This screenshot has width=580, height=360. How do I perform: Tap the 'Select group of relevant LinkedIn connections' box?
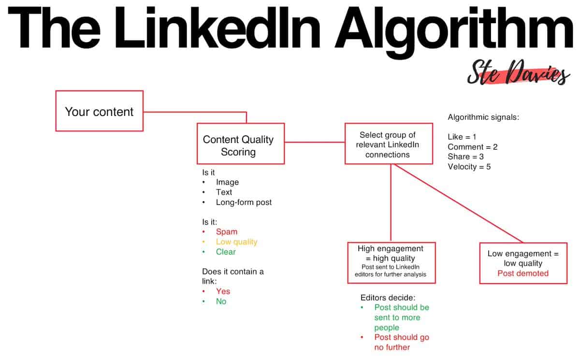pos(388,144)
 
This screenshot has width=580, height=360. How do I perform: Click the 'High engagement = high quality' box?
pos(391,262)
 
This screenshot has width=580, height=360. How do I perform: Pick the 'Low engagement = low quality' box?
pos(523,263)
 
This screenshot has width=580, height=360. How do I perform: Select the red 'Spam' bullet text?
pos(227,231)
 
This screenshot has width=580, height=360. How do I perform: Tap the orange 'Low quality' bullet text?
pos(236,242)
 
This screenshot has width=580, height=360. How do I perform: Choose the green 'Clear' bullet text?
pos(226,252)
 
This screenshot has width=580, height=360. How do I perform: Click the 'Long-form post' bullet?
pos(244,202)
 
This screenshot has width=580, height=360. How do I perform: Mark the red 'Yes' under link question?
pos(223,291)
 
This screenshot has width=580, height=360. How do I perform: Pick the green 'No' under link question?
pos(221,301)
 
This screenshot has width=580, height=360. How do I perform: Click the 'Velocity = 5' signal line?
pos(469,167)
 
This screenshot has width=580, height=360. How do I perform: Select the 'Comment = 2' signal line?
pos(472,147)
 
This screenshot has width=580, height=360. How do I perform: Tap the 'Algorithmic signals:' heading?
pos(483,117)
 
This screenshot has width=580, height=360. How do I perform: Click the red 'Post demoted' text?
pos(523,273)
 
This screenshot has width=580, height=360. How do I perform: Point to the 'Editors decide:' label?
pos(388,297)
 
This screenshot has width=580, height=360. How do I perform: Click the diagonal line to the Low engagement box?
pos(459,203)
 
